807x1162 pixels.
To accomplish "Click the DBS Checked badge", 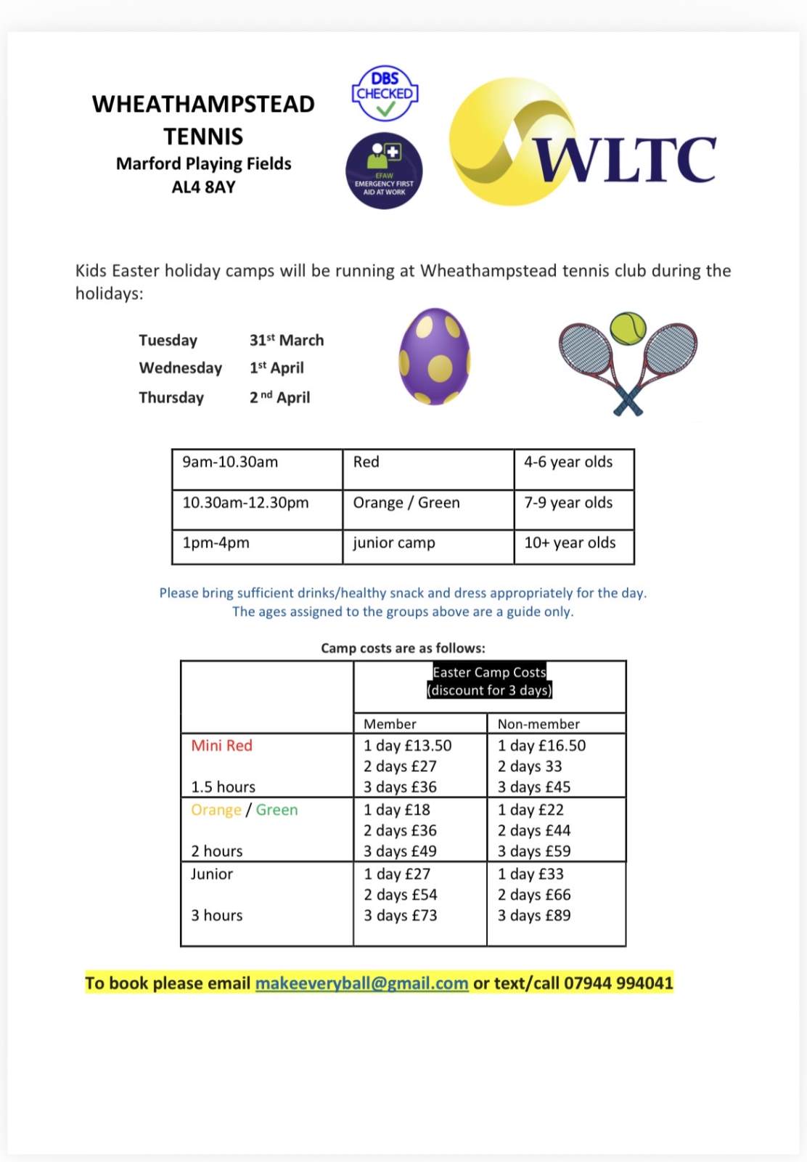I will [x=385, y=93].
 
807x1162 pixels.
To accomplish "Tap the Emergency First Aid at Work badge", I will [x=384, y=171].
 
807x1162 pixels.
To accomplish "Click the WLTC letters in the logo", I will [x=626, y=159].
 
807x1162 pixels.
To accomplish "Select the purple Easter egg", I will [x=434, y=357].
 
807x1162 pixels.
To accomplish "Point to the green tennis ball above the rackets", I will [x=628, y=328].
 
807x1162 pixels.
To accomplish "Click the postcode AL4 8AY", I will [x=203, y=187].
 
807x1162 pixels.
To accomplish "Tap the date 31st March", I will [x=287, y=340].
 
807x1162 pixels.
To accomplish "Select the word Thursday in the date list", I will [x=171, y=397].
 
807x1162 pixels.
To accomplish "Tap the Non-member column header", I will [x=538, y=724].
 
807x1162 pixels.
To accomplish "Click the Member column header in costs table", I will [x=390, y=724].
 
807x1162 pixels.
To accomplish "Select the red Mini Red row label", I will [x=221, y=745].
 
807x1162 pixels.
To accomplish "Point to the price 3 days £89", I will [x=534, y=915].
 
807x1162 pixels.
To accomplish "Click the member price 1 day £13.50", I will [x=407, y=745].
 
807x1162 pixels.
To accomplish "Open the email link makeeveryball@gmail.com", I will [x=361, y=983].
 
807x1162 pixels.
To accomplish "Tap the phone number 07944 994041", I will [x=618, y=983].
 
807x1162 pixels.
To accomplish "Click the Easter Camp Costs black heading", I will [x=489, y=681].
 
